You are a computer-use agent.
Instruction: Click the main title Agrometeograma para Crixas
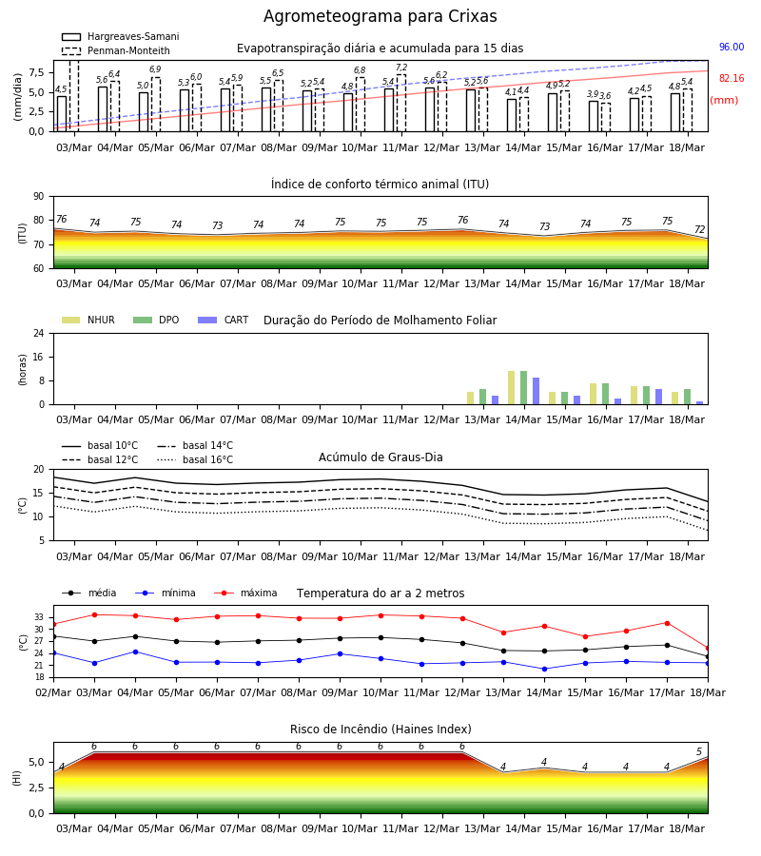380,16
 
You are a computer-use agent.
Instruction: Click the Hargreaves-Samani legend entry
120,36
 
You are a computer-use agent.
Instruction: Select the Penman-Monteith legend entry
116,50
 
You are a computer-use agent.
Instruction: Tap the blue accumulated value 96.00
732,47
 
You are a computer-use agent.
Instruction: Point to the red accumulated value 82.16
732,78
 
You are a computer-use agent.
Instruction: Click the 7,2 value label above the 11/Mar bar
401,68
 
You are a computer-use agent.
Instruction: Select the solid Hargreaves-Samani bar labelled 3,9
594,116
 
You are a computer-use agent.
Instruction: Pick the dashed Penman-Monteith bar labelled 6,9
156,105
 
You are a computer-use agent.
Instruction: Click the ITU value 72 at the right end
700,229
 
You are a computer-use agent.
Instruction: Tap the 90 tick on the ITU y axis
38,197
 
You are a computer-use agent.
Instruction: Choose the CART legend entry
224,320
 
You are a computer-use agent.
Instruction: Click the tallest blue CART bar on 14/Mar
537,391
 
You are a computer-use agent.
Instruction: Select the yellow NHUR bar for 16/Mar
593,394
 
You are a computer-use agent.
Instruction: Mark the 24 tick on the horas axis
38,333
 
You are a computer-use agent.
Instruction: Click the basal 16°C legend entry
195,459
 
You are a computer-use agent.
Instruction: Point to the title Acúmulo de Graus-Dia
380,457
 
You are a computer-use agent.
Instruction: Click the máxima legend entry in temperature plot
245,593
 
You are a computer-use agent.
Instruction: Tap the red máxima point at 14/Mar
544,626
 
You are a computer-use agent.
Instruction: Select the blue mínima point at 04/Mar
135,652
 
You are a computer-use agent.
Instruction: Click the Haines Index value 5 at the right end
699,751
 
